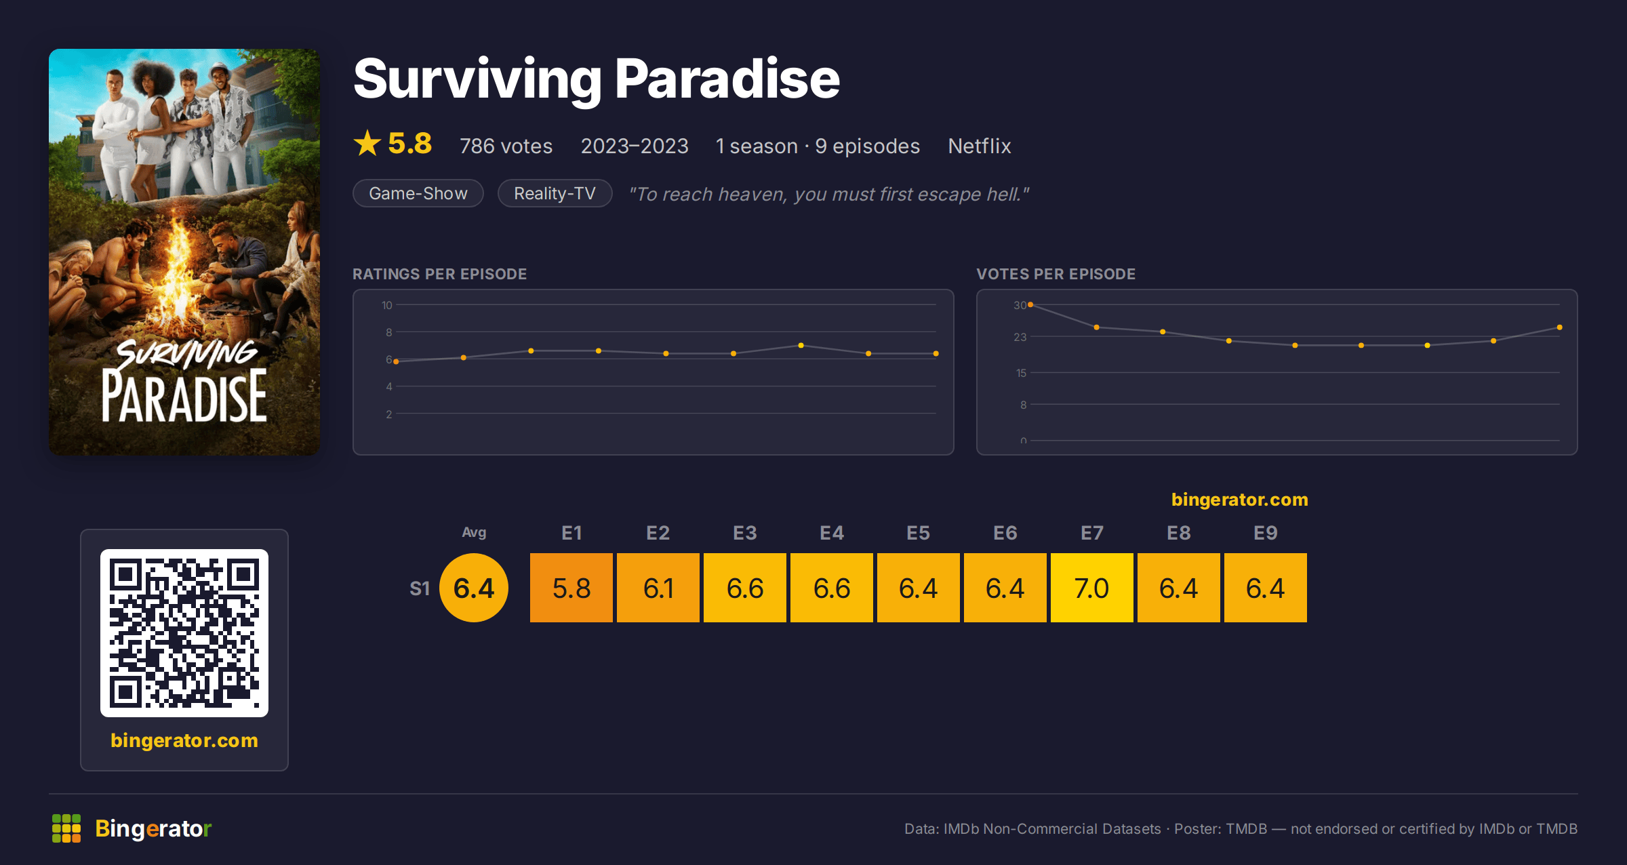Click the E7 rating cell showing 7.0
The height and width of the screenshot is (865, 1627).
point(1091,588)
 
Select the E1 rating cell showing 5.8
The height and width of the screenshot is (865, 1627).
point(571,588)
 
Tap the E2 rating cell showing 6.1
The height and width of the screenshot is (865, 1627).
point(658,588)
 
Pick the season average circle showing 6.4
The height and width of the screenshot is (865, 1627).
point(474,588)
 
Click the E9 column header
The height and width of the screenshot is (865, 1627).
point(1265,533)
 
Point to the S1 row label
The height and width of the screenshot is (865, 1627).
point(420,588)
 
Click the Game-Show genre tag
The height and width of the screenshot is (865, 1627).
point(418,193)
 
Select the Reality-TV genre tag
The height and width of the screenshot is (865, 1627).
point(555,193)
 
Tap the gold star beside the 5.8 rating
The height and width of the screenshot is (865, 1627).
point(367,143)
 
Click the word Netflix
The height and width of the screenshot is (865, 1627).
point(979,146)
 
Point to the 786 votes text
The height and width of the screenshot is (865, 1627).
point(506,146)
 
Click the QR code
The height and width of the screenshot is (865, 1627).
point(184,633)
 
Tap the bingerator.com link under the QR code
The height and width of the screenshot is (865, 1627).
point(184,740)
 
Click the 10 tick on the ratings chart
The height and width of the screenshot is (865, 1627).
point(386,305)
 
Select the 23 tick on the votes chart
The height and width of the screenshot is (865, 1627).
point(1020,337)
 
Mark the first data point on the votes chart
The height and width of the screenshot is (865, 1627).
point(1030,305)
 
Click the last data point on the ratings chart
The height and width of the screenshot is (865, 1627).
point(936,354)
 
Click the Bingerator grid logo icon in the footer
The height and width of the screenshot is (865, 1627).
point(66,828)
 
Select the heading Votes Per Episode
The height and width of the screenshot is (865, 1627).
point(1056,274)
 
